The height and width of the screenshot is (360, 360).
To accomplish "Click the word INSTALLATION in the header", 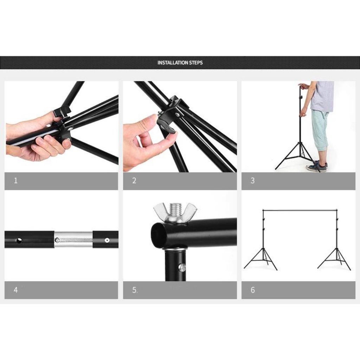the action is [x=173, y=63].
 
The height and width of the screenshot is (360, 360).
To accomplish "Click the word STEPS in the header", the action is [x=196, y=63].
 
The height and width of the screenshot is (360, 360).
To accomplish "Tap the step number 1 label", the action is [x=15, y=180].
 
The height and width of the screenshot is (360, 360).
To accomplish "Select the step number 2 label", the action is [x=134, y=180].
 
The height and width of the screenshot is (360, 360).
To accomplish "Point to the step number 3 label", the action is [x=252, y=180].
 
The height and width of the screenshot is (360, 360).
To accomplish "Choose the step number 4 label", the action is [x=15, y=290].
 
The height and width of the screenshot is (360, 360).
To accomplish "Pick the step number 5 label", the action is [x=135, y=290].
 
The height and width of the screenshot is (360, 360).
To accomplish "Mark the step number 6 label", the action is [x=253, y=290].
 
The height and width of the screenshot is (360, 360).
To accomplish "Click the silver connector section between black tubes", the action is [x=73, y=239].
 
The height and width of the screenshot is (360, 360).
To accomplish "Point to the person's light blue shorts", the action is [x=320, y=129].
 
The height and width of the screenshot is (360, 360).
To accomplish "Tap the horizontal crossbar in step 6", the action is [x=300, y=210].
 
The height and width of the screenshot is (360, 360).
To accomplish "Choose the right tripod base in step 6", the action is [x=334, y=259].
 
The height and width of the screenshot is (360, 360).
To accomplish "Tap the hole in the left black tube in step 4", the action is [x=19, y=240].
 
